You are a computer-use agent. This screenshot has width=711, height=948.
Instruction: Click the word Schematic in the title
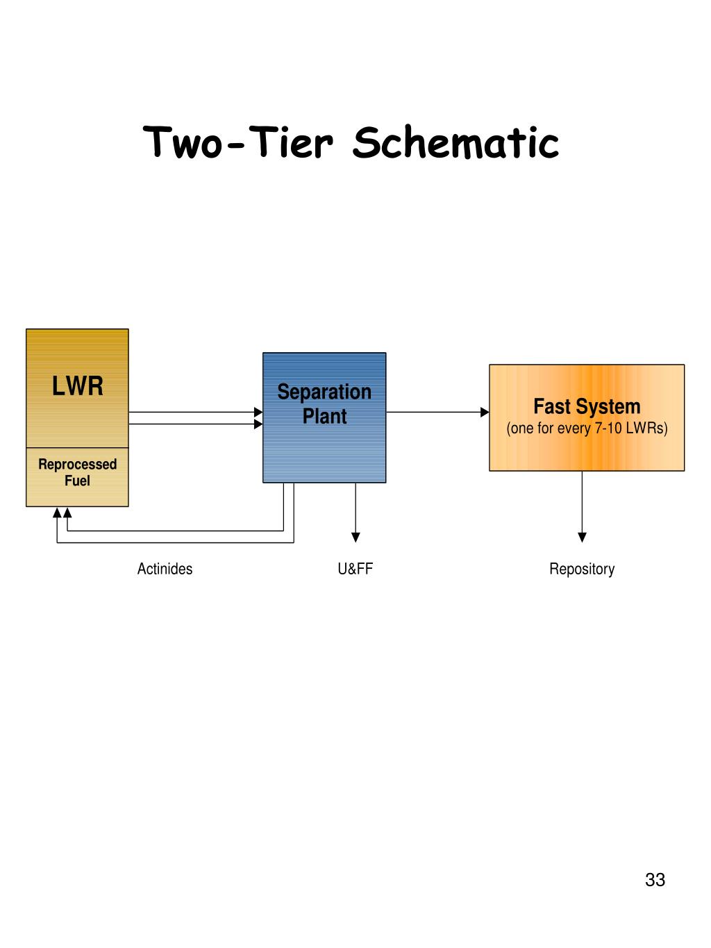tap(455, 142)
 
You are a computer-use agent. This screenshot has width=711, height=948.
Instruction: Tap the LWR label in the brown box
tap(77, 386)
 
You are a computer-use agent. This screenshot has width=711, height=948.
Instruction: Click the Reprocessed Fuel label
tap(77, 472)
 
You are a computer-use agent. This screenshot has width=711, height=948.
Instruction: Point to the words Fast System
tap(587, 406)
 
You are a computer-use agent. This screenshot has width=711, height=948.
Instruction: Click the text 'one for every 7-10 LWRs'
tap(587, 428)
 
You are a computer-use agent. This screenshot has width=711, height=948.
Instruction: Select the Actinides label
tap(165, 569)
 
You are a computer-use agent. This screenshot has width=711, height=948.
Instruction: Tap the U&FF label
tap(355, 569)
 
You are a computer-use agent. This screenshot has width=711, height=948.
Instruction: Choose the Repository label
tap(582, 569)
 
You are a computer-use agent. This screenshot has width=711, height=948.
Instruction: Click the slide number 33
tap(655, 880)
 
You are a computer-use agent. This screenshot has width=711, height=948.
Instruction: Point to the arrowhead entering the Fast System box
tap(485, 412)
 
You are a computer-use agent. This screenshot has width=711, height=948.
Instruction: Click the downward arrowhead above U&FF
tap(355, 537)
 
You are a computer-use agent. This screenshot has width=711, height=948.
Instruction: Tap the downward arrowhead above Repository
tap(582, 537)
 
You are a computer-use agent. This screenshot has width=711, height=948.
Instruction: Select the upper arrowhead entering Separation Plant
tap(258, 412)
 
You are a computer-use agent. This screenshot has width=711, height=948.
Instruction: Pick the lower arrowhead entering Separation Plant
tap(258, 424)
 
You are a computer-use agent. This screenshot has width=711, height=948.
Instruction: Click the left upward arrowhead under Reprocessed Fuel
tap(57, 513)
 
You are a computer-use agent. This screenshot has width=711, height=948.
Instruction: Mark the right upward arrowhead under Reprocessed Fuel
tap(67, 513)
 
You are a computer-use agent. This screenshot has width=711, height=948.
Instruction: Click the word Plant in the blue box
tap(324, 417)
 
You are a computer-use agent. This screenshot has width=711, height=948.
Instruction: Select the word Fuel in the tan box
tap(77, 481)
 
